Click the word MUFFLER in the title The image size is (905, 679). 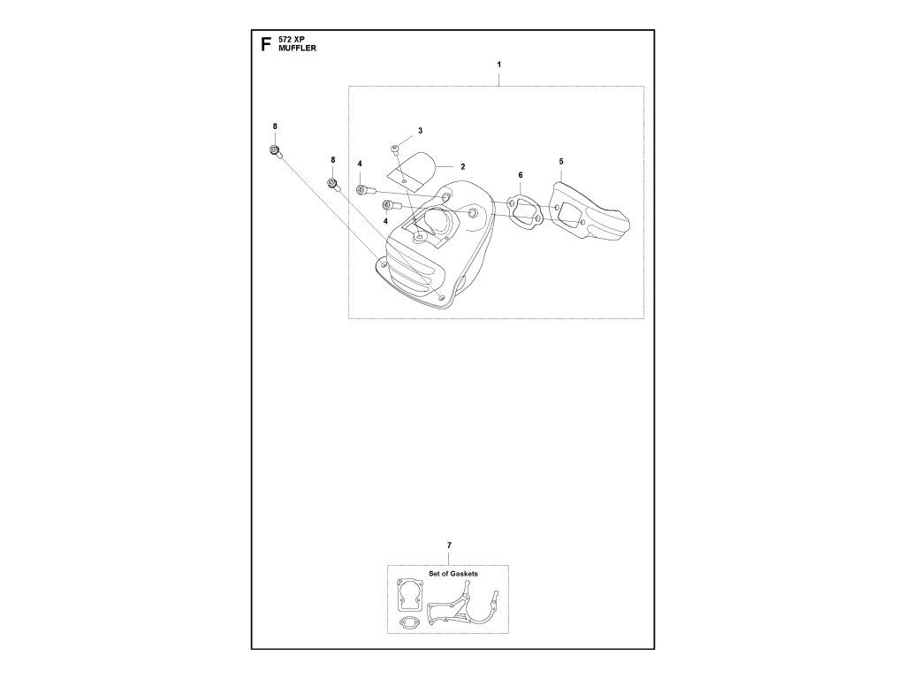pos(297,50)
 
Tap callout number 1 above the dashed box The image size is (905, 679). pos(498,65)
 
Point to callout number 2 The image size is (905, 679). pos(462,166)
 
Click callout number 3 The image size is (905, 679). pos(420,131)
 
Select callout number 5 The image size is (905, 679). pos(560,162)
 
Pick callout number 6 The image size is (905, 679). pos(521,176)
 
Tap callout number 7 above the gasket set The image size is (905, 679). pos(449,545)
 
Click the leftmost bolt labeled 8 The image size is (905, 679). pos(277,152)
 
